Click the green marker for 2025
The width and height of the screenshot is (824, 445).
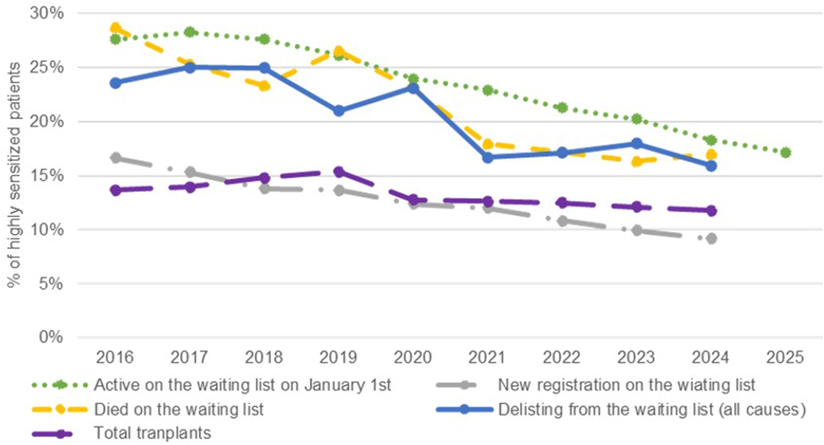point(785,152)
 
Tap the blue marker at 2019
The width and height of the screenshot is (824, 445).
point(339,110)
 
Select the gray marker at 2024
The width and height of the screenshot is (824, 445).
point(711,238)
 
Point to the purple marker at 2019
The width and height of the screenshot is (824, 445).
point(339,172)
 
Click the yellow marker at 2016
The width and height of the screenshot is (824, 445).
point(116,27)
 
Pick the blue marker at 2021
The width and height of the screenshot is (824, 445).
point(488,157)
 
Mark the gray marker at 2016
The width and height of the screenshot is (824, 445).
point(116,157)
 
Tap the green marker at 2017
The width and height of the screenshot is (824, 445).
point(190,32)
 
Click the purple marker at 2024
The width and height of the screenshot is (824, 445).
point(711,211)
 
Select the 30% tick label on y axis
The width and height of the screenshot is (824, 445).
point(47,14)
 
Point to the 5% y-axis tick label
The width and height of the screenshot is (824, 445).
point(50,284)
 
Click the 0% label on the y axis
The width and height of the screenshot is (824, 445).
point(50,337)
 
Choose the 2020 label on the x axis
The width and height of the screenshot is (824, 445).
point(413,357)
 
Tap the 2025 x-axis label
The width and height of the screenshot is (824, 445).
point(785,357)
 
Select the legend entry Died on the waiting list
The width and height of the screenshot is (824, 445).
point(179,409)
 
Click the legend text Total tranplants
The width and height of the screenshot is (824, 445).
point(153,433)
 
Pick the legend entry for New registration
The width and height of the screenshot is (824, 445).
point(626,385)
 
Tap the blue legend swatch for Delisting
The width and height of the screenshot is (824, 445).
point(464,409)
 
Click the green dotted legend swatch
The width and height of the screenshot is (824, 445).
point(60,385)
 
